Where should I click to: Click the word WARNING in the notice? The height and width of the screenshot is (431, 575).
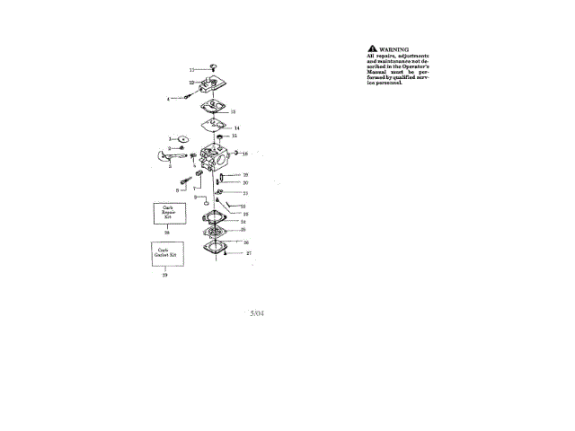click(394, 48)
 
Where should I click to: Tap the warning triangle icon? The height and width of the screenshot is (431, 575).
click(373, 48)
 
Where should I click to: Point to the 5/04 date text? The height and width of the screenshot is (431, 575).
click(257, 313)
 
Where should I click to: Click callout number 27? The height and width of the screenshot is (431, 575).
click(249, 253)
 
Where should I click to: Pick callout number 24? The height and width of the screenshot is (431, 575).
click(243, 221)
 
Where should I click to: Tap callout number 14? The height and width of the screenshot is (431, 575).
click(236, 128)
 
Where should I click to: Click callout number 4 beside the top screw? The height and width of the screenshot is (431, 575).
click(167, 98)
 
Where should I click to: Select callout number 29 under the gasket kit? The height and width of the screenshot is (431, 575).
click(165, 276)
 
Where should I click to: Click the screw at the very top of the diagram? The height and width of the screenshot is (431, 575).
click(214, 66)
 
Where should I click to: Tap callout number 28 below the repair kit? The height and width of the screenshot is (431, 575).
click(166, 232)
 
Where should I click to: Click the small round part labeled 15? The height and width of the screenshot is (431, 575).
click(219, 136)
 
